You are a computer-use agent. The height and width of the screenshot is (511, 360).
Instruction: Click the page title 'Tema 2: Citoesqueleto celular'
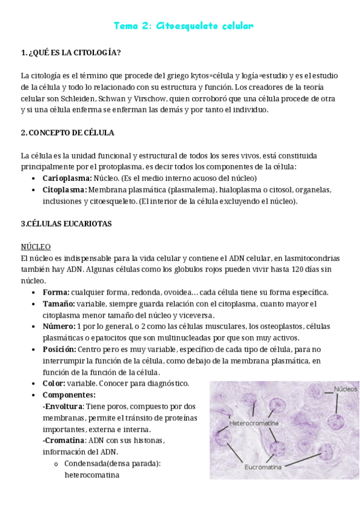(x=184, y=26)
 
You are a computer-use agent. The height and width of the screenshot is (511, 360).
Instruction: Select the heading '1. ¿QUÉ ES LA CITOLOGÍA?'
(x=70, y=52)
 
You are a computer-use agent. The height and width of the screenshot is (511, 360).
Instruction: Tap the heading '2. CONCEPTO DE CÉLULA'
(x=67, y=133)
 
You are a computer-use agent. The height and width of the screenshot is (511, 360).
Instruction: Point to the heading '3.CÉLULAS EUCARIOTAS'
(x=66, y=224)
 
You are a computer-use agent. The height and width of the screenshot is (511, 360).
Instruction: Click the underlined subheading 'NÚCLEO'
(x=36, y=247)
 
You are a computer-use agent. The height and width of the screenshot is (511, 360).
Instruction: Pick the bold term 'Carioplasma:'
(x=67, y=178)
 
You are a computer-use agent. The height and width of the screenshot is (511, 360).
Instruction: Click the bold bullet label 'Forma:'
(x=56, y=292)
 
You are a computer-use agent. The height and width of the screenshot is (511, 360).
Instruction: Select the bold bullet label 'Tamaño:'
(x=58, y=304)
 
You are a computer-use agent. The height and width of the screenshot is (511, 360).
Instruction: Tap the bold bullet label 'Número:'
(x=59, y=327)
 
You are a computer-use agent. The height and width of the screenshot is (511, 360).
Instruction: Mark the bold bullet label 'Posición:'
(x=60, y=350)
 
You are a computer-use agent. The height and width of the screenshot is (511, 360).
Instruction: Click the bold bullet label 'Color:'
(x=54, y=384)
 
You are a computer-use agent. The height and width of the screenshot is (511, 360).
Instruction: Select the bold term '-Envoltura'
(x=63, y=407)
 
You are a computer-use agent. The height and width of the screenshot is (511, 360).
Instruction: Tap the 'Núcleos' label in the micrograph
(x=346, y=389)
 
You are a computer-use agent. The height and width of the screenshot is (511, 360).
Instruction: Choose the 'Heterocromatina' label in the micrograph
(x=254, y=423)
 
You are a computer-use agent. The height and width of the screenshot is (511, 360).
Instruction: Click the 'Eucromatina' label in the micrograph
(x=264, y=466)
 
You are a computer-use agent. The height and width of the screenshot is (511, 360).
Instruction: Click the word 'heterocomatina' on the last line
(x=92, y=475)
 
